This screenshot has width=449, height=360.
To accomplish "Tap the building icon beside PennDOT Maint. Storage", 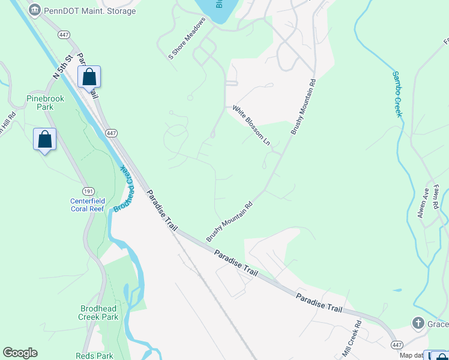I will [x=35, y=11].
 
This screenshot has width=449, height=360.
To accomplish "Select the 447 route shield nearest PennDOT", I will [x=63, y=35].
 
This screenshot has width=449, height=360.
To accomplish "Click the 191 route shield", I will [x=89, y=190].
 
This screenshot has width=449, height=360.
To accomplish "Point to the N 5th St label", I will [x=62, y=66].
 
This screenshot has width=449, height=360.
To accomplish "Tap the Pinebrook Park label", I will [x=40, y=103].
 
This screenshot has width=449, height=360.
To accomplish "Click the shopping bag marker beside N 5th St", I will [x=89, y=77].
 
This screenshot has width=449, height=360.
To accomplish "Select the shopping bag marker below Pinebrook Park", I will [x=44, y=140].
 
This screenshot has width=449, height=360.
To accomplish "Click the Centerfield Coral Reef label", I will [x=88, y=205].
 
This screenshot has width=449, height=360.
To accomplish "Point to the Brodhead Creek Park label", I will [x=99, y=313].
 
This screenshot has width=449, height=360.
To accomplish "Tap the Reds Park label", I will [x=94, y=356].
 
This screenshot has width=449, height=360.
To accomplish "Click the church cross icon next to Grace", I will [x=418, y=323].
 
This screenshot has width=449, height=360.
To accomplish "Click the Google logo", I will [x=20, y=353].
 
